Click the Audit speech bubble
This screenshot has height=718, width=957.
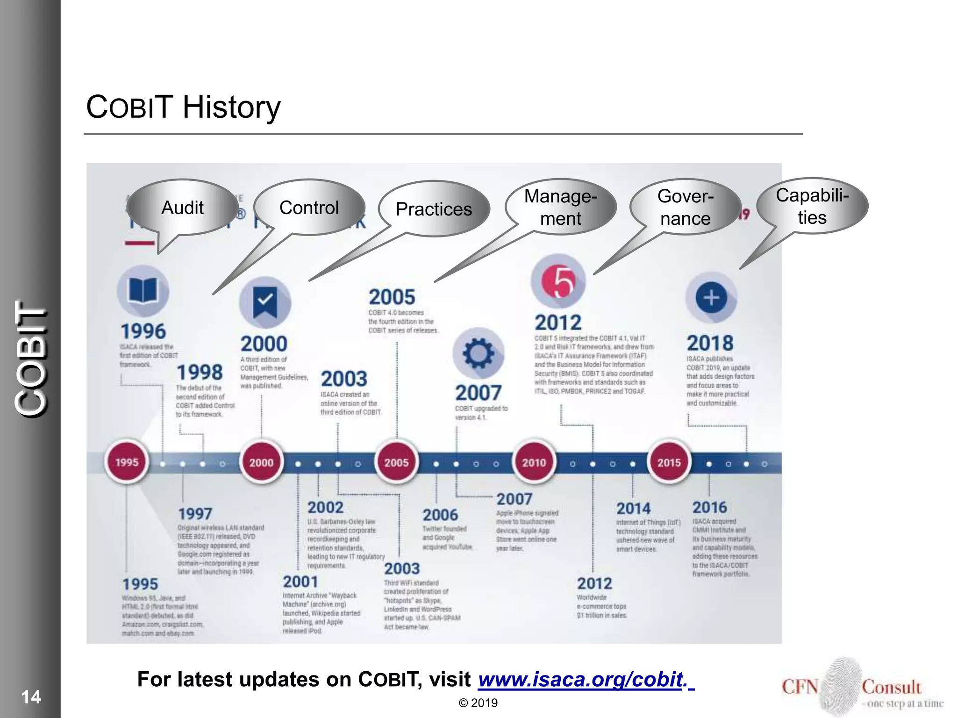[x=182, y=208]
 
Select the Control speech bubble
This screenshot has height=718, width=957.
[x=309, y=208]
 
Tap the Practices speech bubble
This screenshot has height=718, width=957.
[x=434, y=209]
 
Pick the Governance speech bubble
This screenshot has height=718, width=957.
[x=685, y=207]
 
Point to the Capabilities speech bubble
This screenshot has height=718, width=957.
[x=812, y=206]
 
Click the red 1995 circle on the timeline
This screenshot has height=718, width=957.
[x=127, y=462]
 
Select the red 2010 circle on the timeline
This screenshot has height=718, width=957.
[x=534, y=462]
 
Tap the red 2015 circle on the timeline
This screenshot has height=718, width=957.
[x=669, y=462]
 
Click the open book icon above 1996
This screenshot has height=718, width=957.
[x=143, y=291]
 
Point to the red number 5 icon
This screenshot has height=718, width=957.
[x=558, y=281]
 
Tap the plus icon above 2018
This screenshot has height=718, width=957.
[x=711, y=298]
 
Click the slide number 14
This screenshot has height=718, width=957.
[x=31, y=697]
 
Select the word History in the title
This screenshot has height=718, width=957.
[x=231, y=107]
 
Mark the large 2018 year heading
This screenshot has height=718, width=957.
[x=710, y=343]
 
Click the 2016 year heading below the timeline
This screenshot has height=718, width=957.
[x=709, y=507]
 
